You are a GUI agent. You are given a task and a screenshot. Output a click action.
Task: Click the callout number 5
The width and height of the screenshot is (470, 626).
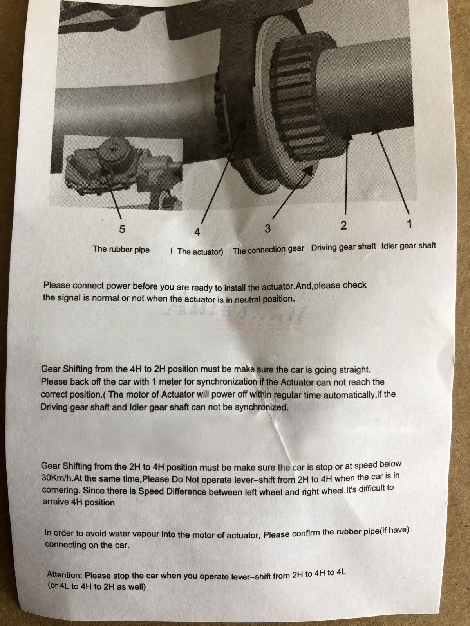(x=122, y=229)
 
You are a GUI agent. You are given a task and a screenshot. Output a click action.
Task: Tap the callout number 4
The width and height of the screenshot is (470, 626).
(x=197, y=232)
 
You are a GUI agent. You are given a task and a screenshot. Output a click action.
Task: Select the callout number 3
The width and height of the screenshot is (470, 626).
(x=268, y=228)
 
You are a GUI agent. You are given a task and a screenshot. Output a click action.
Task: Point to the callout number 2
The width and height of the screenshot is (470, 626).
(x=343, y=226)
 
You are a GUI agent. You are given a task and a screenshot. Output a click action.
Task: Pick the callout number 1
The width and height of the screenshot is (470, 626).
(x=409, y=224)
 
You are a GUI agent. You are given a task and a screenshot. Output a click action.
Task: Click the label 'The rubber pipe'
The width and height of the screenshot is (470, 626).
(x=121, y=250)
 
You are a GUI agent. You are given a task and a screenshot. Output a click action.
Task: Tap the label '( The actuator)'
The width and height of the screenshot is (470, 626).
(x=197, y=252)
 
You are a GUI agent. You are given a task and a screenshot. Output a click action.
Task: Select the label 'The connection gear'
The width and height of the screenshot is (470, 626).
(x=268, y=250)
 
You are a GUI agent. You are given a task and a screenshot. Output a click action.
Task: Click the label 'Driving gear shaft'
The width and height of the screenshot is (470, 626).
(x=343, y=247)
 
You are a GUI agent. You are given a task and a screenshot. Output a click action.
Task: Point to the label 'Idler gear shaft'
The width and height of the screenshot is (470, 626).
(x=409, y=246)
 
